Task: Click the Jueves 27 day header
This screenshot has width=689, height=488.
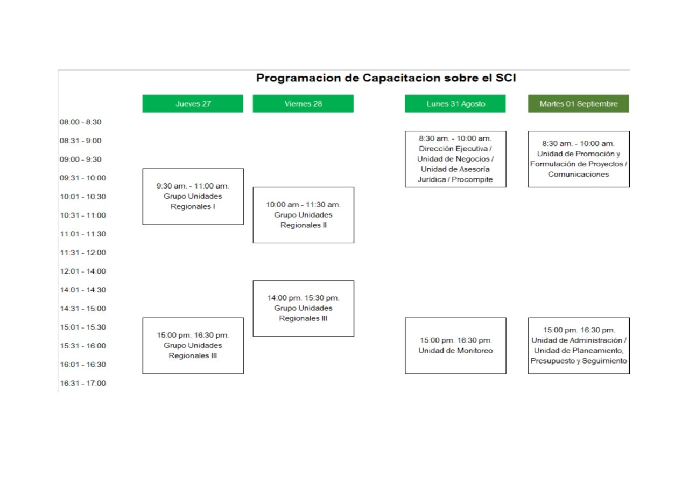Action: point(193,103)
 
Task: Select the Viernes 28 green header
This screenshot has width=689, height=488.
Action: point(303,103)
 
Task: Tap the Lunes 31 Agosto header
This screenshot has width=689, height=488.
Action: point(455,103)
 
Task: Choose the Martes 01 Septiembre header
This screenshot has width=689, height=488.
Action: point(579,103)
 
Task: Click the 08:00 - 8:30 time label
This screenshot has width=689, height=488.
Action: point(80,122)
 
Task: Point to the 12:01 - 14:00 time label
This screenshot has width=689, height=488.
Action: point(83,271)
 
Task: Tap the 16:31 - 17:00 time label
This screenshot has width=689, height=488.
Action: point(83,384)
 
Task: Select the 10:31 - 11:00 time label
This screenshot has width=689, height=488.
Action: point(83,215)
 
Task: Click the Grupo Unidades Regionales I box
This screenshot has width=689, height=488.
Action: point(193,196)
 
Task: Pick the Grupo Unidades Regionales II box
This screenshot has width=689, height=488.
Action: point(303,215)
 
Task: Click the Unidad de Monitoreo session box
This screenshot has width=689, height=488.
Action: point(455,346)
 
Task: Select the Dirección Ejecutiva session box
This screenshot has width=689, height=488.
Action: point(455,159)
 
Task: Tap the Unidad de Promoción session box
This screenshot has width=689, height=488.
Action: point(579,159)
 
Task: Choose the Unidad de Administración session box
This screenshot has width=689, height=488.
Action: point(579,346)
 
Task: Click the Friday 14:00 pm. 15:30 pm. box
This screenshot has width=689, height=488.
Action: point(303,308)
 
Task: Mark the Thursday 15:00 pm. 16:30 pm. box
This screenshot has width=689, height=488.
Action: point(193,346)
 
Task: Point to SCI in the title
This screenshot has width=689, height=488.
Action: point(505,78)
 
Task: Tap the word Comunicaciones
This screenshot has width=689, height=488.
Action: point(578,175)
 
